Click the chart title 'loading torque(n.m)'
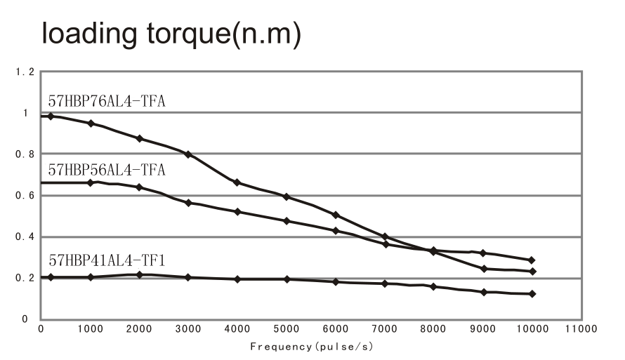[x=172, y=35]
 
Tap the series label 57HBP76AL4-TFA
[x=106, y=101]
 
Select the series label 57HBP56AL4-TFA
[x=106, y=170]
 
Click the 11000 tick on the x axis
[x=581, y=329]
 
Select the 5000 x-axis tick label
[x=287, y=329]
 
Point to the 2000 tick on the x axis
[x=139, y=329]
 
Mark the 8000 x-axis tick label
[x=433, y=329]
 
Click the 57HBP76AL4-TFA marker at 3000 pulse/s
[x=188, y=154]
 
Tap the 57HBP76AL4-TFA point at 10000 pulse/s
[x=532, y=272]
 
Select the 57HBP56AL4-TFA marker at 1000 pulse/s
[x=90, y=182]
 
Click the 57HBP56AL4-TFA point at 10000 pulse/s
[x=532, y=260]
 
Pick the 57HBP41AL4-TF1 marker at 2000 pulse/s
[x=139, y=274]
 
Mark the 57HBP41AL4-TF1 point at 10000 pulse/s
[x=532, y=294]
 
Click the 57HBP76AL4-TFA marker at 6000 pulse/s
[x=336, y=215]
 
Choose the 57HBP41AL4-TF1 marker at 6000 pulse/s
[x=336, y=282]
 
